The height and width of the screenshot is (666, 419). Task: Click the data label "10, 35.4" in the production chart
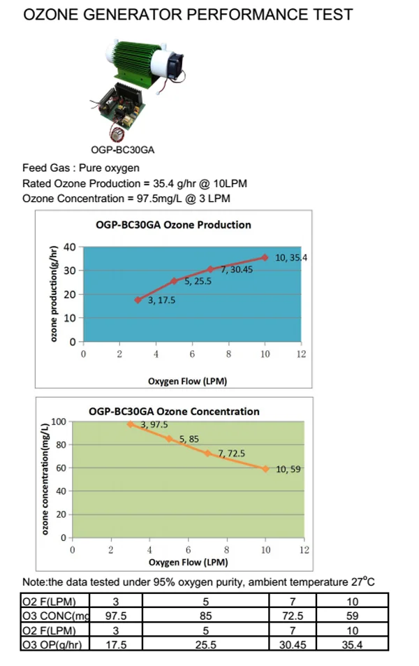[x=291, y=257]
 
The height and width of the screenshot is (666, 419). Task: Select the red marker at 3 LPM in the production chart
[x=138, y=300]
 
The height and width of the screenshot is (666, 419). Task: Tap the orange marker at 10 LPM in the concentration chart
[x=265, y=468]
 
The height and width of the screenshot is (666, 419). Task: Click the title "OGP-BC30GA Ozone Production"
[x=172, y=224]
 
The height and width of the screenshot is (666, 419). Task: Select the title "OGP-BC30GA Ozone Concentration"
[x=174, y=412]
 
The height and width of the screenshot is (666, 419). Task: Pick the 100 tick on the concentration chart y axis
[x=58, y=422]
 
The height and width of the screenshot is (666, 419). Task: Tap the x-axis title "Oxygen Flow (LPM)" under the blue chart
[x=187, y=381]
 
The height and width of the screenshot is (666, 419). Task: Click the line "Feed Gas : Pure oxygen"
[x=81, y=168]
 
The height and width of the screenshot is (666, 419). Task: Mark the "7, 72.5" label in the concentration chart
[x=232, y=454]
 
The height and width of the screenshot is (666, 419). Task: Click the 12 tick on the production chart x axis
[x=301, y=354]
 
